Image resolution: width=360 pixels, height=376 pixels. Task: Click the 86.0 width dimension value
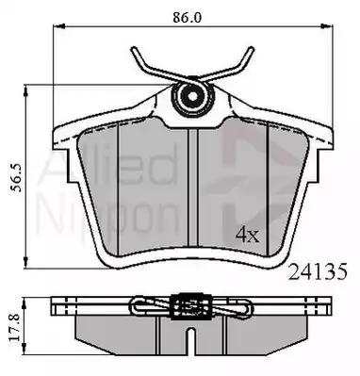pos(187,18)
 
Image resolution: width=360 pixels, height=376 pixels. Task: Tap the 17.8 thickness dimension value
pos(15,327)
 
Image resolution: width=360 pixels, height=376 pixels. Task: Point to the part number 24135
pos(318,271)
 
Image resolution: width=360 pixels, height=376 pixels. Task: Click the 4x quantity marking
pos(248,235)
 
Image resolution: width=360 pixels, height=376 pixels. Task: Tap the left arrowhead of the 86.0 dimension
pos(58,26)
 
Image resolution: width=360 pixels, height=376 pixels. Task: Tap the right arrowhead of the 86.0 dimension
pos(327,26)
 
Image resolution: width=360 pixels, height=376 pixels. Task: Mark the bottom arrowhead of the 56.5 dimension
pos(26,262)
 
